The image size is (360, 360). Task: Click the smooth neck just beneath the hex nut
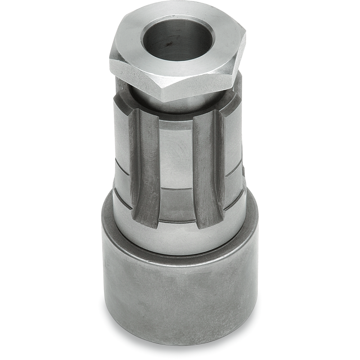[x=180, y=106]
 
